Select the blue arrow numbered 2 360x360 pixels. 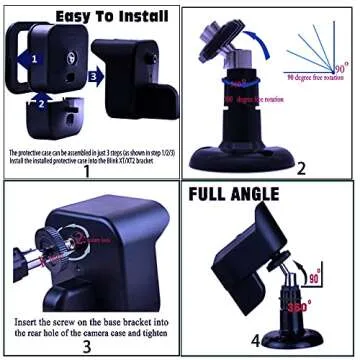pos(41,101)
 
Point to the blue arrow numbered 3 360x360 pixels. pos(94,73)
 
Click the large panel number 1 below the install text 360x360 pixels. pos(87,170)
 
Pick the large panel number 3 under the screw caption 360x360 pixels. pos(87,346)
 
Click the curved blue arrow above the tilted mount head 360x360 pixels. pos(258,40)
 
